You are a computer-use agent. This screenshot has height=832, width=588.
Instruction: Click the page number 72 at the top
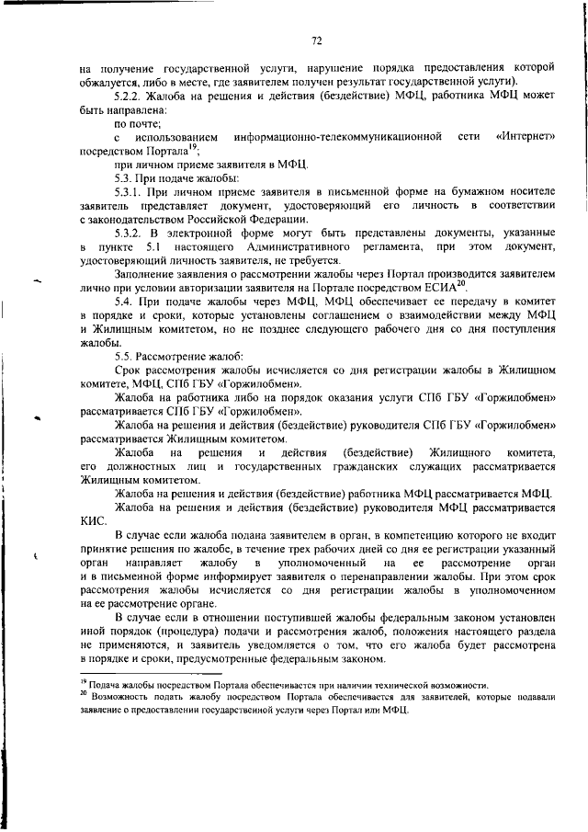[315, 40]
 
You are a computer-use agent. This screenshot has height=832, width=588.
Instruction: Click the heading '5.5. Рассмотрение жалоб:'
[167, 355]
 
